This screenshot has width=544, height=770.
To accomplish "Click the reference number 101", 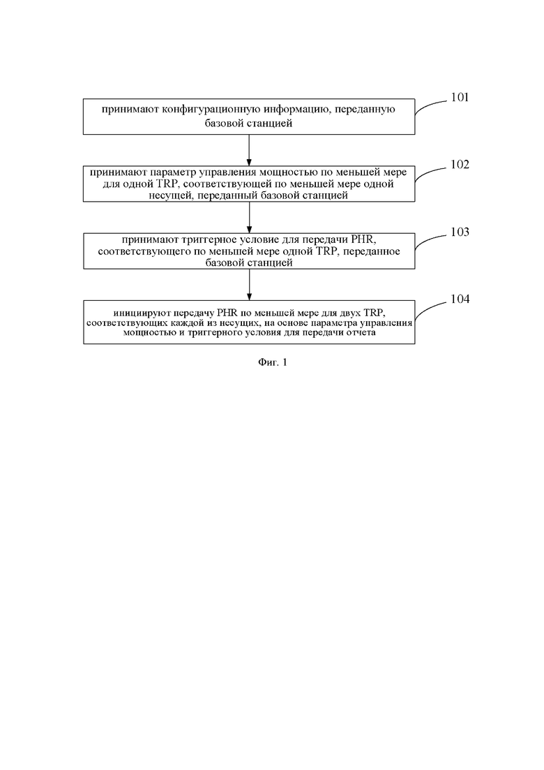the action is pyautogui.click(x=460, y=97).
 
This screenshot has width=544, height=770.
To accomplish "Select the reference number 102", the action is pyautogui.click(x=460, y=165).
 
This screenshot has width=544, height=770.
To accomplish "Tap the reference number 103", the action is pyautogui.click(x=460, y=232).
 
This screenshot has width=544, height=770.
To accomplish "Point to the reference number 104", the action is pyautogui.click(x=460, y=299).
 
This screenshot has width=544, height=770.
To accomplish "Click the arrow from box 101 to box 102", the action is pyautogui.click(x=249, y=150).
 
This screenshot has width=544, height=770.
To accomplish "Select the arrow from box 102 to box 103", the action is pyautogui.click(x=249, y=218).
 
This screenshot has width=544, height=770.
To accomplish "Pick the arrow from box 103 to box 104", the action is pyautogui.click(x=249, y=285).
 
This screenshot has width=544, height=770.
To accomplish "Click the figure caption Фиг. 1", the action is pyautogui.click(x=272, y=362).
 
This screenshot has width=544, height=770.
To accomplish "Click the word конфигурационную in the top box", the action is pyautogui.click(x=213, y=109).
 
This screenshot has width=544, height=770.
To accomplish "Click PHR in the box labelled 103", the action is pyautogui.click(x=363, y=239).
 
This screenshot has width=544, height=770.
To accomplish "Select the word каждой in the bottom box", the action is pyautogui.click(x=200, y=323).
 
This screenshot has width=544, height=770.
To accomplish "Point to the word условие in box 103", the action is pyautogui.click(x=265, y=239).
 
